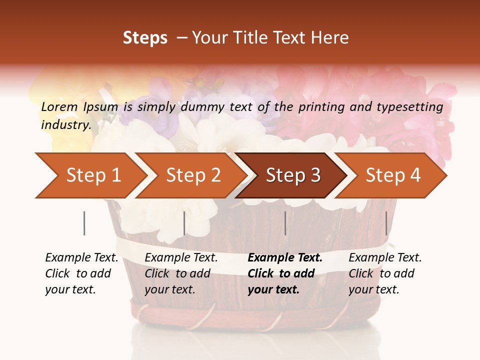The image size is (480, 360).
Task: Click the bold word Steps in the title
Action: [x=145, y=38]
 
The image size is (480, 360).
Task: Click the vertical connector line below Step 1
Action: [x=84, y=223]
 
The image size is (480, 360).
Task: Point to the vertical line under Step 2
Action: [x=184, y=223]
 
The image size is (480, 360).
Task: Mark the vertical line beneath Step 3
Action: [x=285, y=223]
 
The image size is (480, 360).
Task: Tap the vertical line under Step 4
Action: [x=386, y=223]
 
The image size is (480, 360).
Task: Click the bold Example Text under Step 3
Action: [x=285, y=258]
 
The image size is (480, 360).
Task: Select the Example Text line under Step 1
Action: [x=81, y=258]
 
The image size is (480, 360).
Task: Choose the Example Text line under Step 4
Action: [x=385, y=258]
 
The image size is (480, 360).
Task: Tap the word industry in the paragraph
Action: [x=66, y=125]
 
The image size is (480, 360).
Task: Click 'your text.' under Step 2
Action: [x=170, y=289]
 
